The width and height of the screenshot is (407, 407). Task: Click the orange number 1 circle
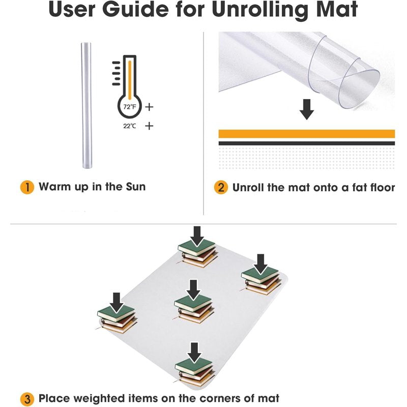click(x=27, y=187)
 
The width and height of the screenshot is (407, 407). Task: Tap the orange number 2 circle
click(x=221, y=187)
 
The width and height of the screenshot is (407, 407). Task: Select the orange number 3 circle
click(x=27, y=399)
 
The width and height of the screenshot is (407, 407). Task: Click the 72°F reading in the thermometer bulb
click(x=130, y=107)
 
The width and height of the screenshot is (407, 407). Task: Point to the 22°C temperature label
click(x=130, y=126)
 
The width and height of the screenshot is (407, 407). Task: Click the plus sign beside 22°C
click(x=149, y=126)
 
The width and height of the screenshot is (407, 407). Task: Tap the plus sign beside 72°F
click(x=149, y=107)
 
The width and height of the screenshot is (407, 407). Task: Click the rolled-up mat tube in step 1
click(x=86, y=105)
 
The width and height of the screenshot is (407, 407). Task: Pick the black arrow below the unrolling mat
click(x=307, y=109)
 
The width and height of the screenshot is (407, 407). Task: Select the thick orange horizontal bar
click(x=307, y=134)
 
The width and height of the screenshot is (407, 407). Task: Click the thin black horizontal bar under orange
click(x=307, y=143)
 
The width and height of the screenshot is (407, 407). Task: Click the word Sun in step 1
click(x=136, y=187)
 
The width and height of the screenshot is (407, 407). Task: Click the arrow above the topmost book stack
click(x=197, y=236)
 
